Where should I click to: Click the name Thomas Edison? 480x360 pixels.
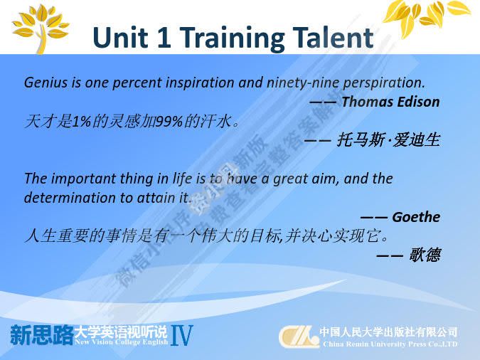tap(390, 101)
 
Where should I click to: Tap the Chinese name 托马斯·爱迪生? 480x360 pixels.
tap(388, 139)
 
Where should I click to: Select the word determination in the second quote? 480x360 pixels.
tap(65, 197)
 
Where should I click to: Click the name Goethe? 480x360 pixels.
tap(415, 217)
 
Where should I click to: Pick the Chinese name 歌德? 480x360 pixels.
tap(425, 255)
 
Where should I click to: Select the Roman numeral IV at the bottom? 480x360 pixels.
tap(182, 335)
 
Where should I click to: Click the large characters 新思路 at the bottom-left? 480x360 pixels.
tap(41, 334)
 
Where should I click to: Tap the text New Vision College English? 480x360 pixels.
tap(121, 342)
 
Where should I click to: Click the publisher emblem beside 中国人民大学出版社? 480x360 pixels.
tap(298, 336)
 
